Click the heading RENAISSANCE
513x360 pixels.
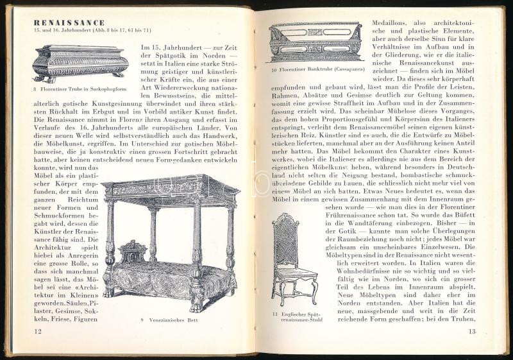click(x=69, y=22)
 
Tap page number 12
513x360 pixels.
click(x=38, y=330)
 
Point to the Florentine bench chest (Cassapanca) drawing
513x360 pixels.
click(x=315, y=41)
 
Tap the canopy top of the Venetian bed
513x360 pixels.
click(x=170, y=188)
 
